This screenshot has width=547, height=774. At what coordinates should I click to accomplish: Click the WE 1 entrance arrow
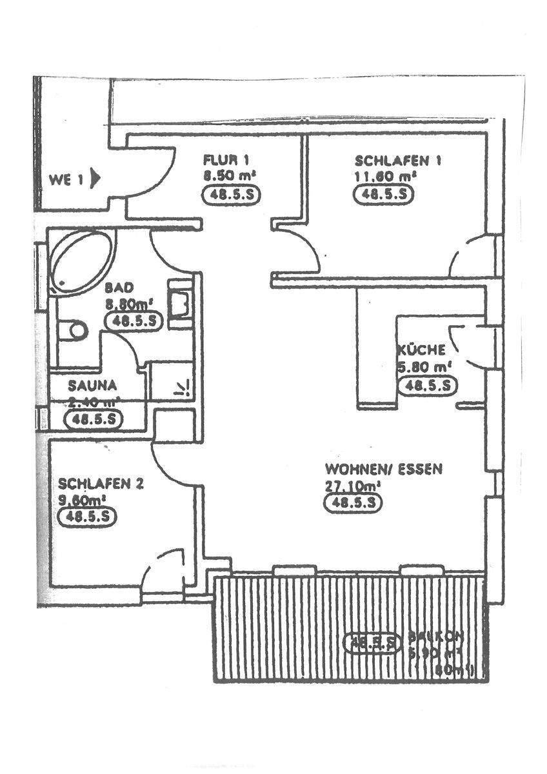95,177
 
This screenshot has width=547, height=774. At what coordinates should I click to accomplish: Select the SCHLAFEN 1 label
397,161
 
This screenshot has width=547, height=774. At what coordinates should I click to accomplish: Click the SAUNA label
93,386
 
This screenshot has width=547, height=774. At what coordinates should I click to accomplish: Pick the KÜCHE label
421,351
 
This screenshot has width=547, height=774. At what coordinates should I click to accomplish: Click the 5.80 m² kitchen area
424,368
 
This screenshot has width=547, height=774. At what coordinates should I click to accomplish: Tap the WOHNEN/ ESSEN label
383,470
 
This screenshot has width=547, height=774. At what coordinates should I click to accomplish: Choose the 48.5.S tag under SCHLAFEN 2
87,517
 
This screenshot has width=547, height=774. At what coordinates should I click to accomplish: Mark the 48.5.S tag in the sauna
95,419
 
